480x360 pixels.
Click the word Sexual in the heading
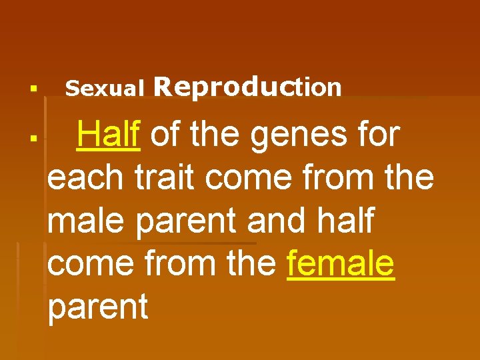pos(105,88)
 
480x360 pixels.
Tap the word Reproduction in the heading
pos(247,87)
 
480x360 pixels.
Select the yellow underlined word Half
pos(108,135)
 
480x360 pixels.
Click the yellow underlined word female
pos(341,263)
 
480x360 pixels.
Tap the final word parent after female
pos(98,307)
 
